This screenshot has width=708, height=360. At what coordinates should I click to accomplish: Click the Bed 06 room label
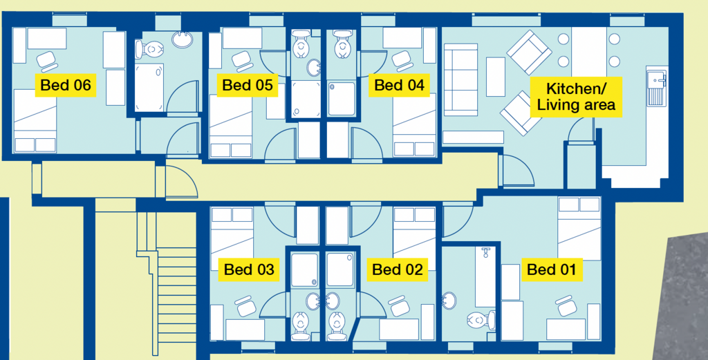pyautogui.click(x=66, y=85)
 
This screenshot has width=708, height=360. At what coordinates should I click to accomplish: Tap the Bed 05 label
pyautogui.click(x=248, y=85)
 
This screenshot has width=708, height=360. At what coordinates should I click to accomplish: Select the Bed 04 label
pyautogui.click(x=399, y=85)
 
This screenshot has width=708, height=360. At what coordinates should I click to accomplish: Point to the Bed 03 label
pyautogui.click(x=249, y=269)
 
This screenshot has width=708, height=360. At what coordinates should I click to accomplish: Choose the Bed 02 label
pyautogui.click(x=398, y=269)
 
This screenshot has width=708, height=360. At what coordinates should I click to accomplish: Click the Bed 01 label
pyautogui.click(x=552, y=269)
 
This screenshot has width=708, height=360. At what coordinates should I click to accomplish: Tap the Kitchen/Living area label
pyautogui.click(x=576, y=97)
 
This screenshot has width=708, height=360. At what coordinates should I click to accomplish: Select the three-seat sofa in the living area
pyautogui.click(x=460, y=80)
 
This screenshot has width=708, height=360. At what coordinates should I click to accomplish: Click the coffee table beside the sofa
pyautogui.click(x=495, y=77)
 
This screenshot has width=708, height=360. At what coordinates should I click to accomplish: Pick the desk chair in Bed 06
pyautogui.click(x=46, y=61)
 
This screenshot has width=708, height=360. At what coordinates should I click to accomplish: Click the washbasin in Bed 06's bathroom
pyautogui.click(x=183, y=39)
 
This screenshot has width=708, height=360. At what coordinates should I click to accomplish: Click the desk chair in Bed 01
pyautogui.click(x=566, y=305)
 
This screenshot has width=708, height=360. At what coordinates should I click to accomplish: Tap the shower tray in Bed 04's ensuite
pyautogui.click(x=342, y=98)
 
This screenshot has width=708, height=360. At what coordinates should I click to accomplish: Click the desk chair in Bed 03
pyautogui.click(x=245, y=306)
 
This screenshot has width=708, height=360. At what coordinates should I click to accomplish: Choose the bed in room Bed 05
pyautogui.click(x=231, y=126)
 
